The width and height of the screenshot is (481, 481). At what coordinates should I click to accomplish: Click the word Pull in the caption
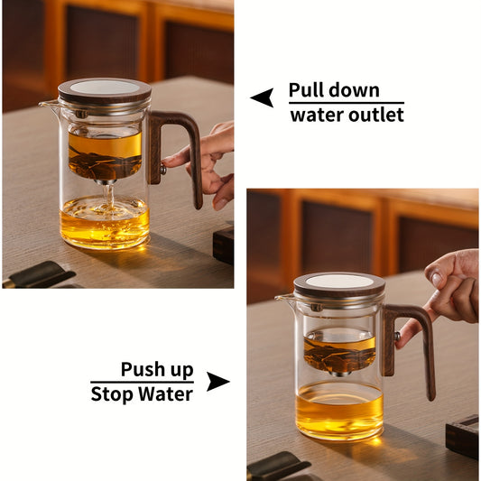click(x=305, y=90)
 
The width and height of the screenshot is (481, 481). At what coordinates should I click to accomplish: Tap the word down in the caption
click(x=354, y=90)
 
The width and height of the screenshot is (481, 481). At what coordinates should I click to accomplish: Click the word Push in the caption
click(x=143, y=369)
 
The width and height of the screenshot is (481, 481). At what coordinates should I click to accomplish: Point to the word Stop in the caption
click(x=112, y=394)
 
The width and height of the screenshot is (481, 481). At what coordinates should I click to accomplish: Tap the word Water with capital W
click(x=164, y=394)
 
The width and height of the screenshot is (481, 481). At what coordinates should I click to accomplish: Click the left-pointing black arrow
click(x=262, y=97)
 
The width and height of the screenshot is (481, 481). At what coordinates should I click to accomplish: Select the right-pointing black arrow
click(x=217, y=382)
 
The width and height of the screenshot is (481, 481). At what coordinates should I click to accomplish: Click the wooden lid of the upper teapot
click(x=105, y=90)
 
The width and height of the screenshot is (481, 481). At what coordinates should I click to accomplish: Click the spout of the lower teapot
click(x=284, y=298)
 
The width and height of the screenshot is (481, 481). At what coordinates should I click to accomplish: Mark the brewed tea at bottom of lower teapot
click(x=339, y=411)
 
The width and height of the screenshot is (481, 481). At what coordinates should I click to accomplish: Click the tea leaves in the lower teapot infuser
click(x=339, y=354)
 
